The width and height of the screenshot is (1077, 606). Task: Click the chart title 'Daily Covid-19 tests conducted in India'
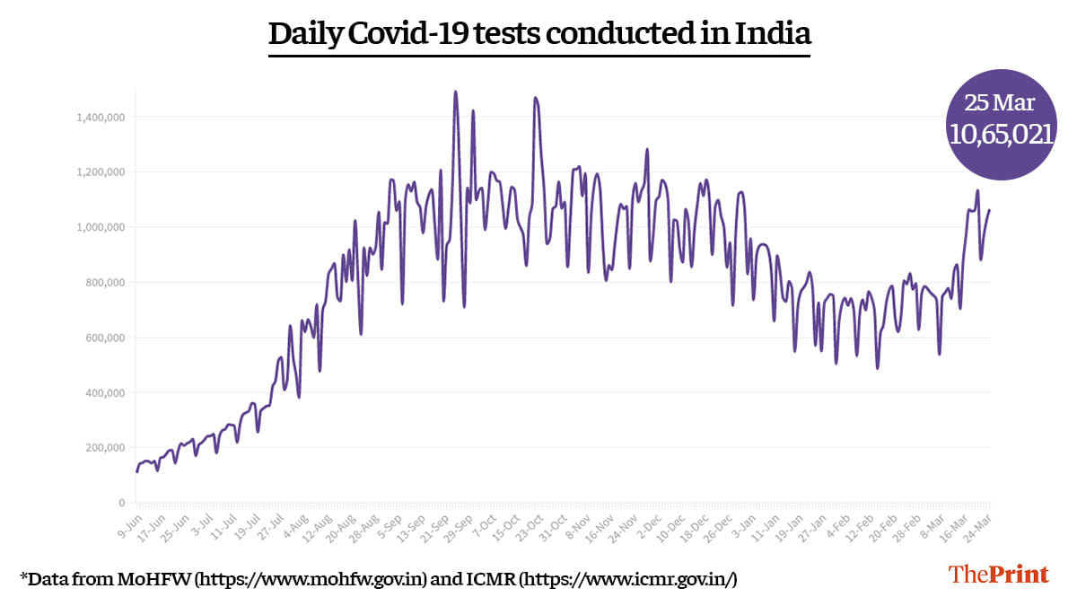(x=539, y=34)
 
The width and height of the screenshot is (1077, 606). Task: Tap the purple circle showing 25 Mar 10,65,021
(x=1001, y=124)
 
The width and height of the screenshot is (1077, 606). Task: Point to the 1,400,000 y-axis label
(x=100, y=117)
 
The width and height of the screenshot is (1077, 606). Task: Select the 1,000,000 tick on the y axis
(x=100, y=227)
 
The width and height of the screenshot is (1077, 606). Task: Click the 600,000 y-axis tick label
(x=104, y=338)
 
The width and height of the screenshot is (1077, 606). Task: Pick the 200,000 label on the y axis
(x=104, y=448)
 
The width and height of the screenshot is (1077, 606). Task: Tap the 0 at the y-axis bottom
(x=123, y=503)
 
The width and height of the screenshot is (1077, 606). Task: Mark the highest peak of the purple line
(x=455, y=92)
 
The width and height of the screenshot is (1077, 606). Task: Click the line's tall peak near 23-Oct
(x=535, y=98)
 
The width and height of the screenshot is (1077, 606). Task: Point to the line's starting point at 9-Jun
(x=136, y=471)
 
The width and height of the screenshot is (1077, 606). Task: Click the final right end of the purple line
(x=990, y=210)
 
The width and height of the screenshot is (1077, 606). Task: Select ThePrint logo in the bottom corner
(x=999, y=575)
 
